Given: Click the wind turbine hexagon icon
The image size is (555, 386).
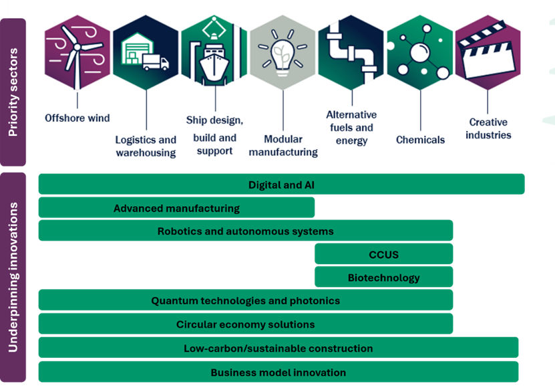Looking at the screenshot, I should [76, 52].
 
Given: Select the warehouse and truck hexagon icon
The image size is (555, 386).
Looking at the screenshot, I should [146, 52].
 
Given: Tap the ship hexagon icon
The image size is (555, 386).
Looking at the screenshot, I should [214, 52].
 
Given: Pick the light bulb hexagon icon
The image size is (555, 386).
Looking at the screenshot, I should [283, 52].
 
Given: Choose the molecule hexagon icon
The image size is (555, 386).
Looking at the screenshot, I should [419, 52].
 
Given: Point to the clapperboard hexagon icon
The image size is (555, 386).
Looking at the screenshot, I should [488, 52].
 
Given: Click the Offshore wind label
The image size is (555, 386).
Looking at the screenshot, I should [77, 118].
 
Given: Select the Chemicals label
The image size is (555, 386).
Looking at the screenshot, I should [420, 140].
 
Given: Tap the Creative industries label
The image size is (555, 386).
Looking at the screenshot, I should [488, 128].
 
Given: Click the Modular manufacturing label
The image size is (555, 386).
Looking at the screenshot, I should [283, 145].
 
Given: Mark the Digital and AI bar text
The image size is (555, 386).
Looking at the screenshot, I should [281, 185].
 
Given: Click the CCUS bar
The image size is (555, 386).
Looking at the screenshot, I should [383, 254].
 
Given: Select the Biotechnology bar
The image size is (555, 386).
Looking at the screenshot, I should [383, 278].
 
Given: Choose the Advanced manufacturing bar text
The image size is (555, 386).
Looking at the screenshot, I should [176, 208].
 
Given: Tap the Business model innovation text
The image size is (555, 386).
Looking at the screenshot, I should [278, 372].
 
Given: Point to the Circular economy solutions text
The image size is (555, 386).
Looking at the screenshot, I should [245, 324].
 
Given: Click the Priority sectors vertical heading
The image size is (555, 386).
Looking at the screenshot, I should [13, 92].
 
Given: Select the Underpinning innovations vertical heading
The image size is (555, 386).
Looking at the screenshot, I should [13, 277].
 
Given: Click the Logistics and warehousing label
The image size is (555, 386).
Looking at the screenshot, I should [146, 146].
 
